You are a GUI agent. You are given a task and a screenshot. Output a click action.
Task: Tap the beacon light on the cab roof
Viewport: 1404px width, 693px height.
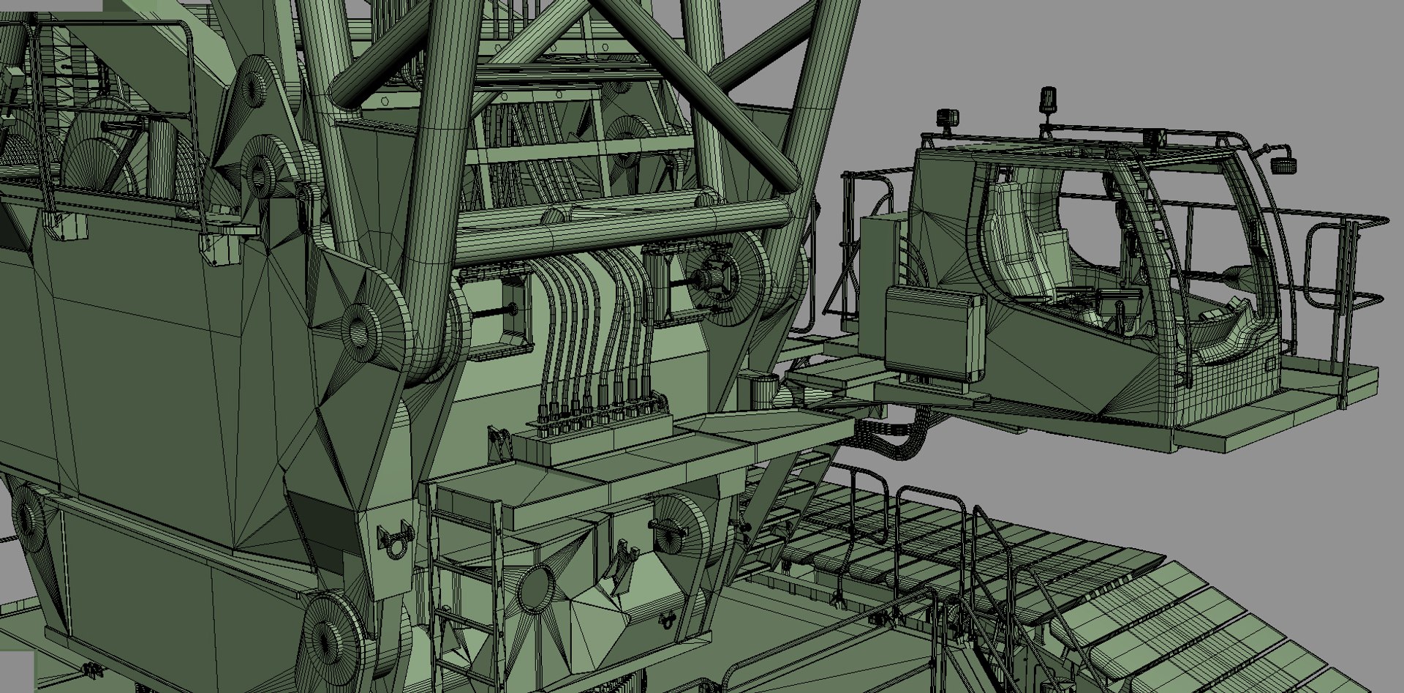click(x=1049, y=102)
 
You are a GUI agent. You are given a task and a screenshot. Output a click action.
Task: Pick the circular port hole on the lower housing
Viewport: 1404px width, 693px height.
click(x=537, y=585)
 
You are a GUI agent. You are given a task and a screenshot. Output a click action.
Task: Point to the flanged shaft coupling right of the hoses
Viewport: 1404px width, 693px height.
click(x=713, y=278)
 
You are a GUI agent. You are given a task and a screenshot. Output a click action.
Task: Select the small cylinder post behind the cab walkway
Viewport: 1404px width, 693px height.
click(x=765, y=388)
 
